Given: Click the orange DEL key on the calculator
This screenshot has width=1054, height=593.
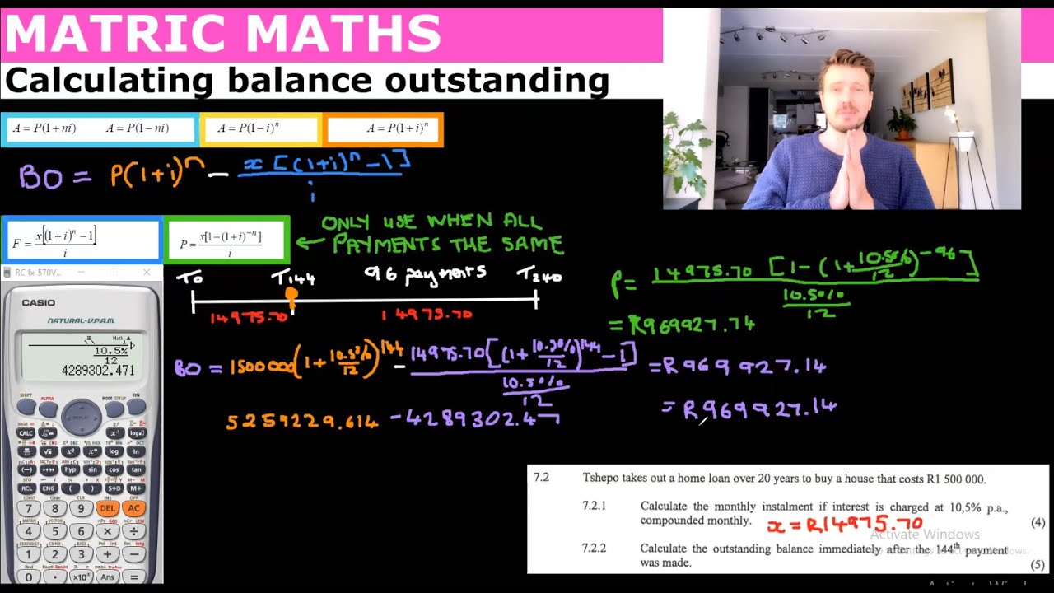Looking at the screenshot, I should [x=107, y=508].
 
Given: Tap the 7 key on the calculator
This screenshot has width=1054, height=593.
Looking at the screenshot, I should [x=28, y=508].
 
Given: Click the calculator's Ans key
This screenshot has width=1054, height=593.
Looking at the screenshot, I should [x=107, y=577].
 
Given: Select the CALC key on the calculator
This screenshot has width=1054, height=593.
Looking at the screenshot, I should [x=26, y=432].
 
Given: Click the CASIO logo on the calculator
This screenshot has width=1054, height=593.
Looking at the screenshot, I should [x=39, y=303].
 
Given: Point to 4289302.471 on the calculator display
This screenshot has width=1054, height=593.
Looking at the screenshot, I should [x=98, y=371].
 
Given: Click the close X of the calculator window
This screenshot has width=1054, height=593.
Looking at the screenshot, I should [x=147, y=273].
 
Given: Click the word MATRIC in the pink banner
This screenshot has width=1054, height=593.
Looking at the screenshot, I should [x=115, y=34].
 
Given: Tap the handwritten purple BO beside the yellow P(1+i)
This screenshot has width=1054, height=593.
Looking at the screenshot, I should [x=40, y=176].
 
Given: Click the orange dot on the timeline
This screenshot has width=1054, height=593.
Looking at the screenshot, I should [x=291, y=294].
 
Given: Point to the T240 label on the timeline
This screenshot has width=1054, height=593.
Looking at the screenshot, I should [x=539, y=278].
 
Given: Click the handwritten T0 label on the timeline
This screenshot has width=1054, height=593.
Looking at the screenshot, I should [x=189, y=278].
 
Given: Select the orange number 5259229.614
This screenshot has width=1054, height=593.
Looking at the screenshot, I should [x=302, y=422].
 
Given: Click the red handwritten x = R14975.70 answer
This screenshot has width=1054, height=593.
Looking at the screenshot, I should [x=844, y=525].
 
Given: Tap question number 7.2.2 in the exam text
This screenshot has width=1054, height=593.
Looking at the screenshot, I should [x=594, y=548].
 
